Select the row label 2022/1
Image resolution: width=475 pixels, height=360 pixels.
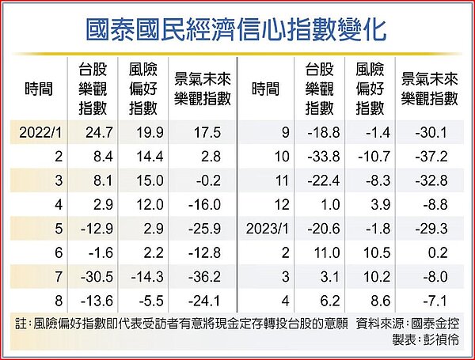point(40,132)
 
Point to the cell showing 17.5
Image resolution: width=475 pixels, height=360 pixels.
point(203,132)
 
